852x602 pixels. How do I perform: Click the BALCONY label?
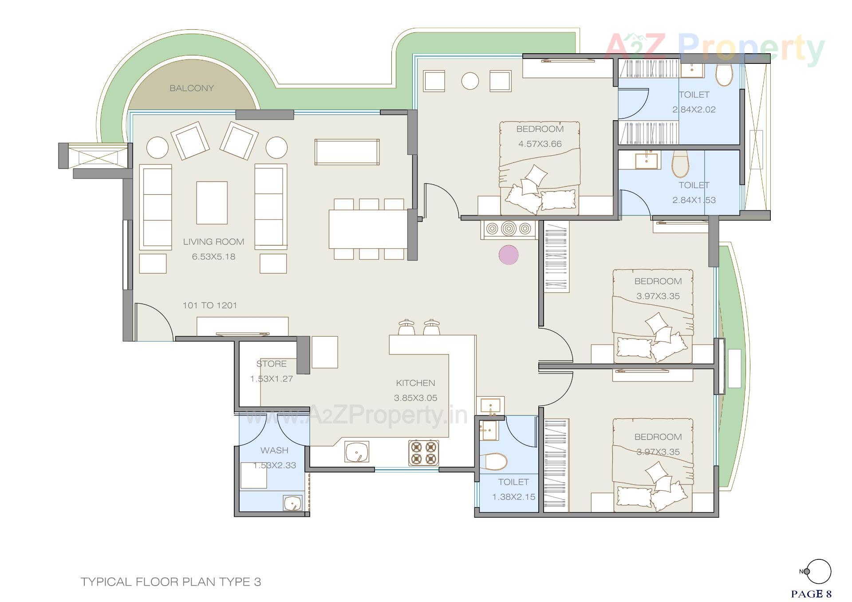[192, 88]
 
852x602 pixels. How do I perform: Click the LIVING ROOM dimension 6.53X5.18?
[213, 256]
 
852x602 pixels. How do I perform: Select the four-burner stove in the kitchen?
[423, 452]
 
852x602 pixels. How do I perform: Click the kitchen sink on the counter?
[357, 452]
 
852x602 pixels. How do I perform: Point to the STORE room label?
[271, 364]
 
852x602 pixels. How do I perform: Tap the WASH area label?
[274, 450]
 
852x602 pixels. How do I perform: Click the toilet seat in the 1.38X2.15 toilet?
[493, 461]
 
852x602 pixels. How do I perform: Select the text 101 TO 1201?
[210, 305]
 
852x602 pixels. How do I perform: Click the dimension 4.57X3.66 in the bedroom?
[540, 144]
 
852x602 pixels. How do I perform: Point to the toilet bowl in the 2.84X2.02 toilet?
[724, 75]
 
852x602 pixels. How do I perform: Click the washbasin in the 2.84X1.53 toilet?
[648, 161]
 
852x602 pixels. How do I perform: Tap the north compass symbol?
[817, 571]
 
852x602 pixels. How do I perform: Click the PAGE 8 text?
[811, 594]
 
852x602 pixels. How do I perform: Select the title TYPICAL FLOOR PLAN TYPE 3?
[171, 582]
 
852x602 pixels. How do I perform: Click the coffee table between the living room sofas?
[212, 203]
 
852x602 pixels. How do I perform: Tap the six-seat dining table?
[368, 229]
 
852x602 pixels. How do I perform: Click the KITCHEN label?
[415, 383]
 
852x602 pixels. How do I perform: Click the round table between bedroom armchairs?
[470, 81]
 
